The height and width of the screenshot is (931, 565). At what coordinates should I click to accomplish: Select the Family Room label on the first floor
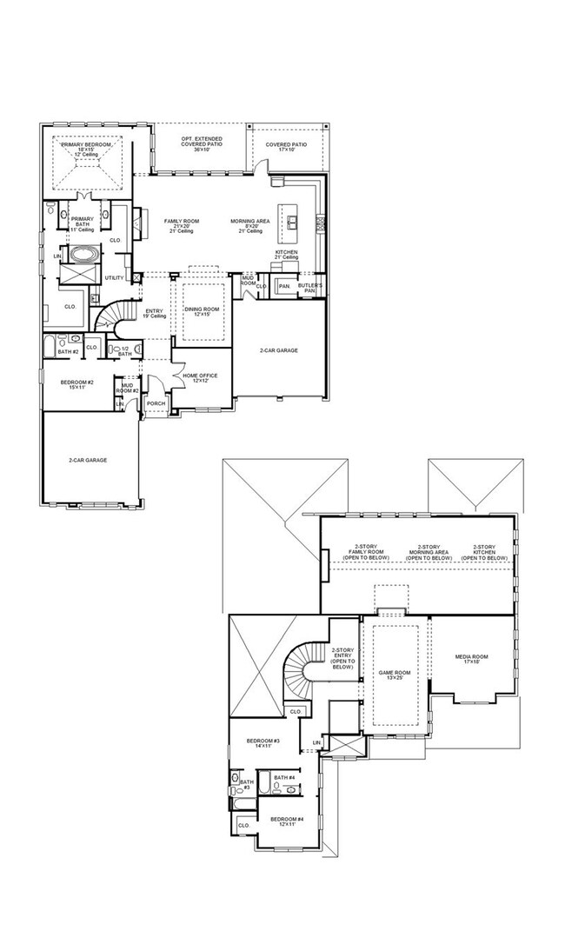pos(182,224)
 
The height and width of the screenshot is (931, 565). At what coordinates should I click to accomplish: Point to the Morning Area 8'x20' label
pos(249,224)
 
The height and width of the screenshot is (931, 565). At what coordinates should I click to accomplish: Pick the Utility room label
pos(114,278)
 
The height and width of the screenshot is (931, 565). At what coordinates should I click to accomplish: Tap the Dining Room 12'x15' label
pos(202,312)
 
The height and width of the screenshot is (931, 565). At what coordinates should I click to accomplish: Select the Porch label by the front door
pos(156,403)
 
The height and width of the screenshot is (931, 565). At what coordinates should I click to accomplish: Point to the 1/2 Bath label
pos(124,351)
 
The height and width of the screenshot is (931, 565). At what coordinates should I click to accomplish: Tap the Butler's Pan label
pos(311,288)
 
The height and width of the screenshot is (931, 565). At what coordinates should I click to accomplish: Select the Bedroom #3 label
pos(263,743)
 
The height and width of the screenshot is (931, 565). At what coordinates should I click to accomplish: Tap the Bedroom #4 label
pos(286,821)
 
